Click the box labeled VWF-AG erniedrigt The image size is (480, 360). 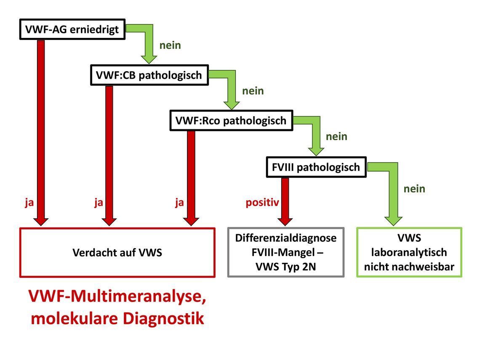click(72, 29)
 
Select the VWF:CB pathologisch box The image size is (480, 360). click(149, 75)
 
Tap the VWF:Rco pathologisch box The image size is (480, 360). click(231, 120)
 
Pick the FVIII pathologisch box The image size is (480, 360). click(316, 167)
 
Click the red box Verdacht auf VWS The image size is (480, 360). click(117, 253)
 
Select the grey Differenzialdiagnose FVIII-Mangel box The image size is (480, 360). click(286, 253)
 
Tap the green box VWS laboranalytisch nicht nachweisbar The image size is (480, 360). click(409, 253)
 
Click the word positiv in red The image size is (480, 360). click(262, 203)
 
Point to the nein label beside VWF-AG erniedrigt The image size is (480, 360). click(170, 45)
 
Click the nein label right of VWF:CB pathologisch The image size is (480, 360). click(253, 91)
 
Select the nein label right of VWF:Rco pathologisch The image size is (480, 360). click(336, 136)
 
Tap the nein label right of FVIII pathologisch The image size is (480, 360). click(414, 189)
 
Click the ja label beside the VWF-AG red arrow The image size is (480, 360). click(29, 203)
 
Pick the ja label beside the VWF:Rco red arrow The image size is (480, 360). click(179, 203)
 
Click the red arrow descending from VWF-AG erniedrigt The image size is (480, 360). click(41, 133)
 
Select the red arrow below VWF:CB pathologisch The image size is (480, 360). click(109, 155)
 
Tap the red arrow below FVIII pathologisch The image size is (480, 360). click(285, 202)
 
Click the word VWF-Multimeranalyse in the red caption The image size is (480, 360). click(117, 296)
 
